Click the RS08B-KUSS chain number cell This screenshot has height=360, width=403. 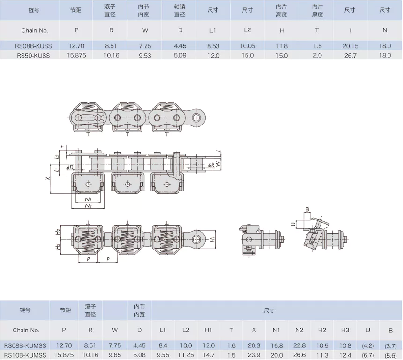coord(34,46)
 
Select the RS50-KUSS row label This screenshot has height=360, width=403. coord(33,55)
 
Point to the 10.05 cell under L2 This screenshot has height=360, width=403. coord(247,46)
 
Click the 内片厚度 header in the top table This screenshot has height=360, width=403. coord(317,10)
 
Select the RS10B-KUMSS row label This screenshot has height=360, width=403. coord(26,354)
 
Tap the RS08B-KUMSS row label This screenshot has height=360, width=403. coord(26,345)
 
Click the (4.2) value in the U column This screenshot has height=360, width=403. coord(368,345)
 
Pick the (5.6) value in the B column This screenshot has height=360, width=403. coord(390,354)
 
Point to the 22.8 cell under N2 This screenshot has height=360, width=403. coord(299,345)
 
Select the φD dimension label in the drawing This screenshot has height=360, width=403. coord(69,167)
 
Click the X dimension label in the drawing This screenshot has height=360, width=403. coord(47,178)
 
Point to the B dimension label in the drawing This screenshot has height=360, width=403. coord(307,209)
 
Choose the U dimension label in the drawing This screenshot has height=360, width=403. coord(293,224)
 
